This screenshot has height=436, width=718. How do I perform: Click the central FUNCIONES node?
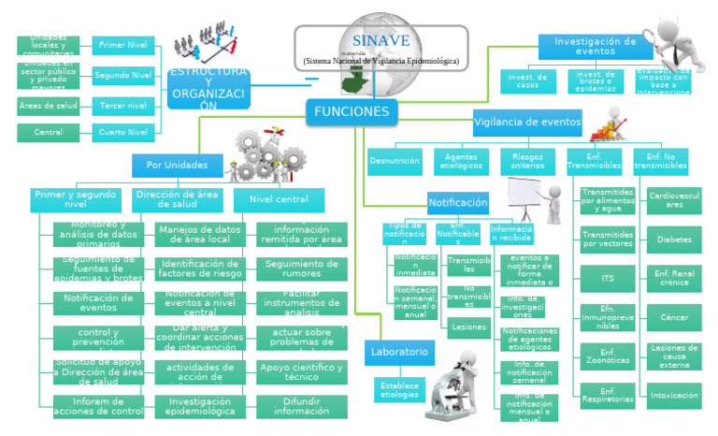click(351, 112)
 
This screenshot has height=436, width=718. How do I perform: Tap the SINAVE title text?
click(381, 41)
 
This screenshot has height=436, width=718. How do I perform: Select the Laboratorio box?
click(398, 352)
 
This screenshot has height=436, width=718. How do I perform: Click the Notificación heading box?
click(457, 202)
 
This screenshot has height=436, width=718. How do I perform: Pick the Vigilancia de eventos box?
click(527, 122)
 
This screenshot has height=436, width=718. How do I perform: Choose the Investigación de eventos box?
click(590, 47)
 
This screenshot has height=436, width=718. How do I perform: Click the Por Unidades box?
click(178, 166)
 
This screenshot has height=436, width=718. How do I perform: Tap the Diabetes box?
click(673, 240)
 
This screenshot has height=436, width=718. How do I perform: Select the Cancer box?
click(673, 317)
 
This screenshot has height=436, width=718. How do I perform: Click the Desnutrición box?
click(395, 161)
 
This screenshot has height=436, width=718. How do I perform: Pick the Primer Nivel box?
click(123, 45)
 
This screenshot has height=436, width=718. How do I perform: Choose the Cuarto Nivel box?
click(123, 132)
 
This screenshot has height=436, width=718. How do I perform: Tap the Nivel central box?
click(279, 199)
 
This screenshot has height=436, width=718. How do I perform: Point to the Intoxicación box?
click(673, 395)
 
